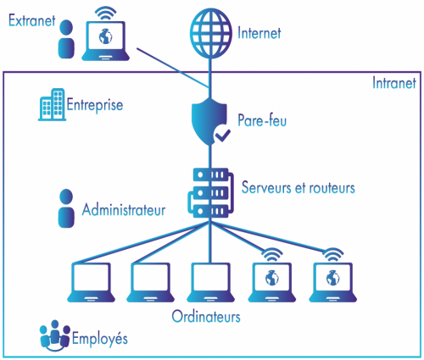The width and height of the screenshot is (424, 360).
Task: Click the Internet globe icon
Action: coord(210,33)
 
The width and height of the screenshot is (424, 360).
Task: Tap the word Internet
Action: coord(259,33)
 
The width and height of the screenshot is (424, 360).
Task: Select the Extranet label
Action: coord(31,20)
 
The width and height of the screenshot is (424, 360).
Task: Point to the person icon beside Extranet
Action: coord(66,39)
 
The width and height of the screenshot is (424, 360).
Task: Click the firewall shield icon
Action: coord(209,121)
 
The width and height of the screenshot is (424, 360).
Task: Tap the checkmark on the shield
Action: coord(222,135)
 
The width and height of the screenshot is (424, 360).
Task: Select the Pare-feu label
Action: coord(262,120)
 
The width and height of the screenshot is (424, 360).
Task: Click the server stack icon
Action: coord(210,192)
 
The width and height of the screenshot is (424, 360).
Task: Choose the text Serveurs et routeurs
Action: coord(298,187)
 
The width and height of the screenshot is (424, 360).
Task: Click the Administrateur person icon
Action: coord(66,208)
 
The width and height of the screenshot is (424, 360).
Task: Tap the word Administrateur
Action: coord(124,210)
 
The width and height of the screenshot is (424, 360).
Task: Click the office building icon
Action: coord(52,104)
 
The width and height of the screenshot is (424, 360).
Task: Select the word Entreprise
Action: coord(95,105)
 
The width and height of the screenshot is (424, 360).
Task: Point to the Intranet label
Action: coord(394,83)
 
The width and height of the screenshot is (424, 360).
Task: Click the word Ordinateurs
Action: coord(206,317)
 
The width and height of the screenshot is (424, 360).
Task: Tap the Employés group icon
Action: coord(55,335)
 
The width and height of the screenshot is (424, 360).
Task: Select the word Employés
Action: coord(99,338)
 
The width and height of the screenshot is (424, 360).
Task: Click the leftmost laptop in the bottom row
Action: coord(91,282)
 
